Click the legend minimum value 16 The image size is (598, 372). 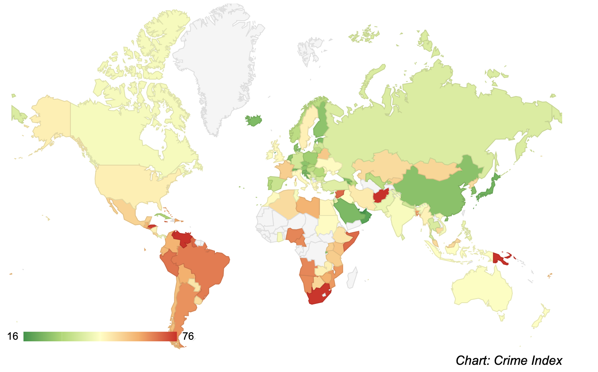point(13,337)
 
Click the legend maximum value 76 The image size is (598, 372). point(188,337)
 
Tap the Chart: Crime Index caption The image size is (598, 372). point(508,360)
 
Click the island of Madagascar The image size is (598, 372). point(352,278)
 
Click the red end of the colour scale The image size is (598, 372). point(174,337)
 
